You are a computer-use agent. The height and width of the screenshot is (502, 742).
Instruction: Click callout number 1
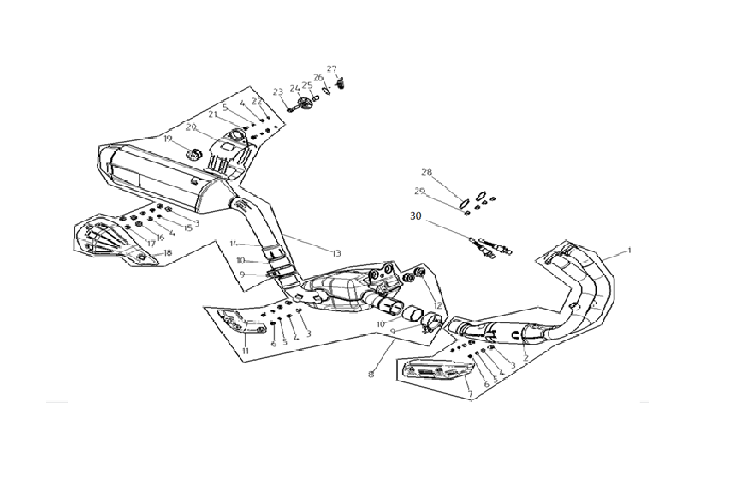629,251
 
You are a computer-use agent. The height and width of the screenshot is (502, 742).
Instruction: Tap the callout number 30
416,217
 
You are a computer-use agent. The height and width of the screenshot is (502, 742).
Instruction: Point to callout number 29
420,191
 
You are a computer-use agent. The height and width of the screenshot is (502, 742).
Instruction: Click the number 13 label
336,253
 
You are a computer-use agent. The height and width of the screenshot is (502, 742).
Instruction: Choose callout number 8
371,374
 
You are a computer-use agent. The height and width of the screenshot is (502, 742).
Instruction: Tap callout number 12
437,305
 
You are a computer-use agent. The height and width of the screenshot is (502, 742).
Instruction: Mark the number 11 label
245,351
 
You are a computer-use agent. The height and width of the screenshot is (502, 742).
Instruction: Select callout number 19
168,139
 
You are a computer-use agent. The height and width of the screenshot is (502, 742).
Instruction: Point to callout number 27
332,69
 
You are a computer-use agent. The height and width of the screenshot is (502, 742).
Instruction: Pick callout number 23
277,92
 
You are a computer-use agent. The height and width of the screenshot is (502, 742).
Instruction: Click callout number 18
168,253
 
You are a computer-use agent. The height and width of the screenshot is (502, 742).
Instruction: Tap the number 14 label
233,244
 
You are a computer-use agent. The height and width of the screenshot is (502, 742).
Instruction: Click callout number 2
525,358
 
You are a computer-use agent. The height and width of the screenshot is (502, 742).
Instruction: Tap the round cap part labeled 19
193,155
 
